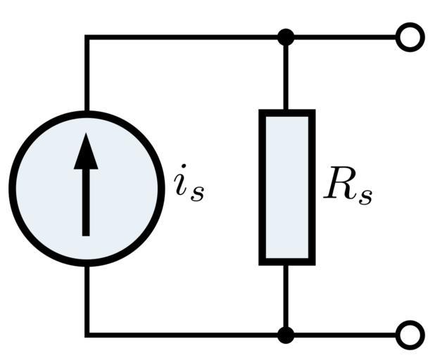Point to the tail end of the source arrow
[86, 232]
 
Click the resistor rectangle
[286, 187]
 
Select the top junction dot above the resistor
[286, 37]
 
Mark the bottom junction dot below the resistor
[286, 335]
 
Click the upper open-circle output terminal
[410, 37]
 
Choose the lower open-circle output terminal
[410, 335]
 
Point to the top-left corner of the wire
[87, 37]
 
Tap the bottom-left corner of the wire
[87, 335]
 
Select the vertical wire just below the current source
[87, 299]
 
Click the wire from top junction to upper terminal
[345, 37]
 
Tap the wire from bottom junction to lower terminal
[345, 335]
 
